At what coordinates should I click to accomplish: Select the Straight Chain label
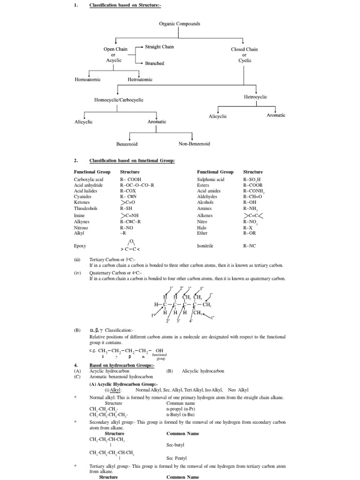coord(159,47)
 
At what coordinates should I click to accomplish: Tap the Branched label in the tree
coord(154,63)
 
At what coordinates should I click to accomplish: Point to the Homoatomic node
coord(88,80)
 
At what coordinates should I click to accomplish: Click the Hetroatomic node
coord(140,80)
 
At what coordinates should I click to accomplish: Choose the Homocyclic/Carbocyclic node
coord(119,100)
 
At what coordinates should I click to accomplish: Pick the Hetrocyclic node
coord(255,97)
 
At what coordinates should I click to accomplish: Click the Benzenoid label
coord(127,144)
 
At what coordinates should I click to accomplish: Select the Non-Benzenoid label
coord(194,144)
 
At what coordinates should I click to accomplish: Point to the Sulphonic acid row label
coord(210,180)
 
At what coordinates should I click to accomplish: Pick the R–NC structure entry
coord(249,245)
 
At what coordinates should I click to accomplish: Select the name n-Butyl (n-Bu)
coord(183,414)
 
